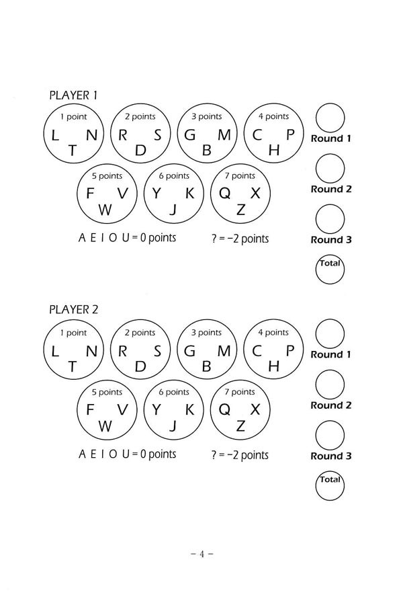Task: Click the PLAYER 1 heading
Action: tap(73, 95)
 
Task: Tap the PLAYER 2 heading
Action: tap(74, 309)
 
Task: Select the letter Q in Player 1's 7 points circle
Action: tap(224, 194)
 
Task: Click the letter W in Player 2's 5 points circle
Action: tap(105, 426)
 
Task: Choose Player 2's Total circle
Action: tap(316, 486)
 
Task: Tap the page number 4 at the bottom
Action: tap(201, 555)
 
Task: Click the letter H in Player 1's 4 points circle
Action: tap(274, 150)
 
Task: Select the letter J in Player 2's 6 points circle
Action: tap(173, 426)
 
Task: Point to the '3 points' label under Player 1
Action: tap(207, 116)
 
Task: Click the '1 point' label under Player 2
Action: tap(73, 333)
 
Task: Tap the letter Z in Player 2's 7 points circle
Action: tap(240, 426)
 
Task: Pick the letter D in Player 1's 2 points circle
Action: tap(140, 150)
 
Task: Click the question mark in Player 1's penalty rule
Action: tap(214, 239)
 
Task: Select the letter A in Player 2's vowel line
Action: tap(82, 454)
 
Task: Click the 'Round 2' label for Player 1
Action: tap(331, 189)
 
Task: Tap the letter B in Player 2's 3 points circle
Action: tap(207, 366)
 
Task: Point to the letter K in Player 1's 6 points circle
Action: tap(189, 194)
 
